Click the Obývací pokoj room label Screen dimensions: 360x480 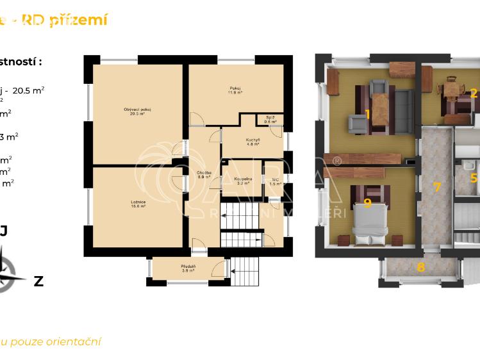(x=137, y=111)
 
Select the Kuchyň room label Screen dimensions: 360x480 (x=252, y=142)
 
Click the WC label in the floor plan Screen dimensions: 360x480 (x=276, y=181)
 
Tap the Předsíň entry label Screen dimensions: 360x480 (x=188, y=268)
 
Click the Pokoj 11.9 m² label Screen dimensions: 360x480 (x=236, y=90)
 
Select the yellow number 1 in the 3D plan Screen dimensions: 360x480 (x=367, y=114)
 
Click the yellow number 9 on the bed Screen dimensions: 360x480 (x=367, y=203)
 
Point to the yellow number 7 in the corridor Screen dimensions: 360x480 (x=437, y=187)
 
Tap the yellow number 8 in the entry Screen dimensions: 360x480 (x=420, y=268)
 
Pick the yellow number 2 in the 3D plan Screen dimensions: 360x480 (x=474, y=93)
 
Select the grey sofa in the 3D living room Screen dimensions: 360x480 (x=404, y=111)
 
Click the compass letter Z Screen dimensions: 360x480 (x=38, y=281)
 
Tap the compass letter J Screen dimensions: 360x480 (x=4, y=231)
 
